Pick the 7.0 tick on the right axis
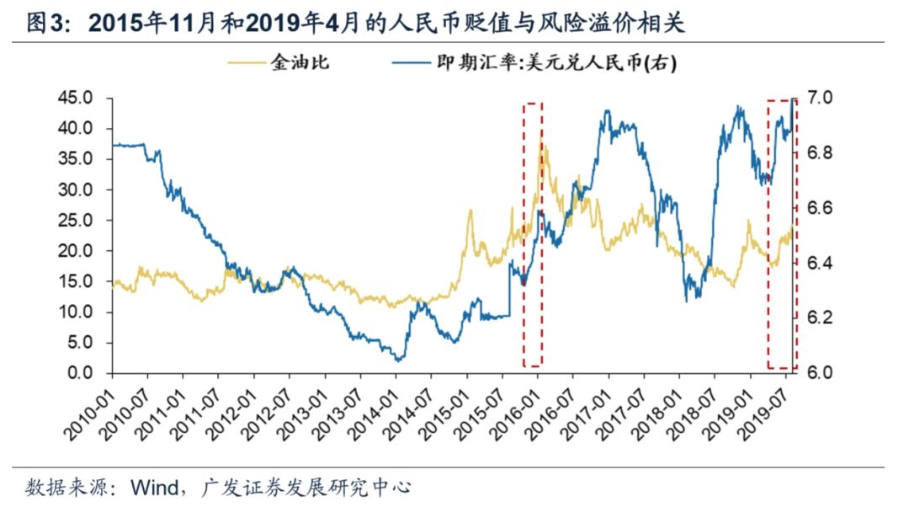(818, 98)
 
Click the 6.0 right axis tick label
(818, 373)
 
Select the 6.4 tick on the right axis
(818, 263)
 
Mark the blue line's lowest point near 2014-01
(398, 360)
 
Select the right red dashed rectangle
(780, 234)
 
